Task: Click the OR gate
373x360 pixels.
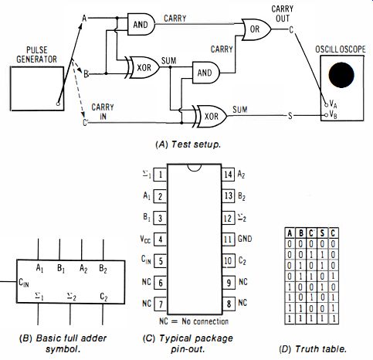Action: coord(256,29)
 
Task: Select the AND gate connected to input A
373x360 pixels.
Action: coord(141,25)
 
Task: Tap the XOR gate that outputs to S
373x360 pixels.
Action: coord(211,116)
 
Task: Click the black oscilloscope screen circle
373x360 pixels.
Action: coord(341,75)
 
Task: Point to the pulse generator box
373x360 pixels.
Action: coord(37,89)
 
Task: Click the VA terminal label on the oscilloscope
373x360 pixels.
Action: coord(333,104)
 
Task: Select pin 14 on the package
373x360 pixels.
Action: coord(228,175)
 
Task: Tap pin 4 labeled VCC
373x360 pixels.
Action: coord(160,239)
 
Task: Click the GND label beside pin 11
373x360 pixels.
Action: coord(245,239)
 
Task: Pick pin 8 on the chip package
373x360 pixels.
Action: coord(229,304)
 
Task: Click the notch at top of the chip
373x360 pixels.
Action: coord(195,168)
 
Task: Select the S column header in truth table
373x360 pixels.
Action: coord(322,233)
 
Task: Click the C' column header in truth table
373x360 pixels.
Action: coord(312,233)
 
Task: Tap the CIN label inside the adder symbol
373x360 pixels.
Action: coord(24,283)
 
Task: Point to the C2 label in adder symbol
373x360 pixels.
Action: coord(103,297)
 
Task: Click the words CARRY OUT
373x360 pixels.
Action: coord(283,14)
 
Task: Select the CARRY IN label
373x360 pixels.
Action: coord(103,111)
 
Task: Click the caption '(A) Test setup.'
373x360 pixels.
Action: coord(188,144)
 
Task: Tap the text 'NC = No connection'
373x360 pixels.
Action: coord(194,321)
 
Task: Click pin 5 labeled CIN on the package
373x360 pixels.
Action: coord(160,261)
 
